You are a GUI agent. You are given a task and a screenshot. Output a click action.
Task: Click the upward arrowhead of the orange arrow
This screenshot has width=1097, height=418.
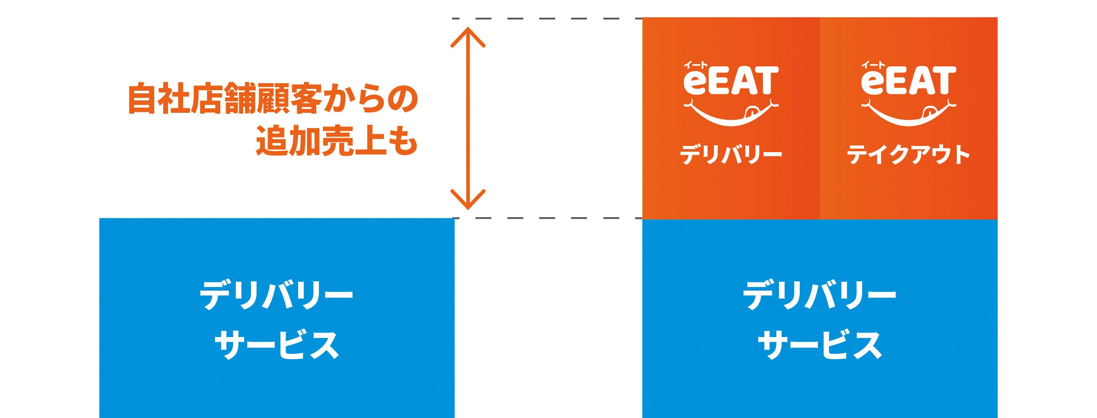(x=468, y=35)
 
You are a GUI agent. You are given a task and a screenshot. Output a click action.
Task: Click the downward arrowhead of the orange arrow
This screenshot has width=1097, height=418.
(x=468, y=201)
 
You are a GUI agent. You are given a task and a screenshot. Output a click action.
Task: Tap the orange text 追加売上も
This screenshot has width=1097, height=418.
(x=337, y=141)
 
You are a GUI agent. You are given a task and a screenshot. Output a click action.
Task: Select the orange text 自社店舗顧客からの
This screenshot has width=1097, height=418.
(x=273, y=99)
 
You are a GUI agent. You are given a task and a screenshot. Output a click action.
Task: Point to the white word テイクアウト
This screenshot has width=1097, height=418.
(x=909, y=155)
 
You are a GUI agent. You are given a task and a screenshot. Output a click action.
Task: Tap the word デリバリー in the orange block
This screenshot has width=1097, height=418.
(x=731, y=155)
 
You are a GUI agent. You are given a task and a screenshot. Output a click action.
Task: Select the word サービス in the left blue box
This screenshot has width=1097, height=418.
(x=276, y=345)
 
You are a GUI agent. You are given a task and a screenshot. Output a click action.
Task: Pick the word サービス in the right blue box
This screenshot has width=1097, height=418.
(x=820, y=345)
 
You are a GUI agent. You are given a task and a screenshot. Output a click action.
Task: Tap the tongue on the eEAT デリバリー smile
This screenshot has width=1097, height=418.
(x=751, y=111)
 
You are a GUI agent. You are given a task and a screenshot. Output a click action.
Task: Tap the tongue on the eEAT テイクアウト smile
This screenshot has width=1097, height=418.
(x=928, y=111)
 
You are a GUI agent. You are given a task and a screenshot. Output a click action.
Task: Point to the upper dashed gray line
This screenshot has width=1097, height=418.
(x=548, y=19)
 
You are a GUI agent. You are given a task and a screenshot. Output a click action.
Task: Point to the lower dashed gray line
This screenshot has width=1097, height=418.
(x=548, y=218)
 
